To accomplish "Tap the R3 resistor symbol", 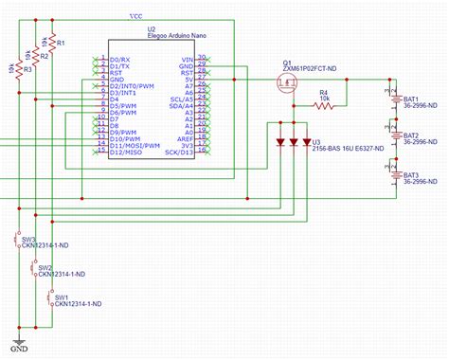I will (18, 70).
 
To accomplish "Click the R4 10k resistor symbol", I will (324, 107).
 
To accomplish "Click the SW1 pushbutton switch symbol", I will (50, 298).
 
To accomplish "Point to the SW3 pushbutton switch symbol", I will (18, 242).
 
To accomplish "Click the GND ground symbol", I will (18, 343).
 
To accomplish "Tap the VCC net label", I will (135, 16).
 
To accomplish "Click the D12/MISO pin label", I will (128, 151).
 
